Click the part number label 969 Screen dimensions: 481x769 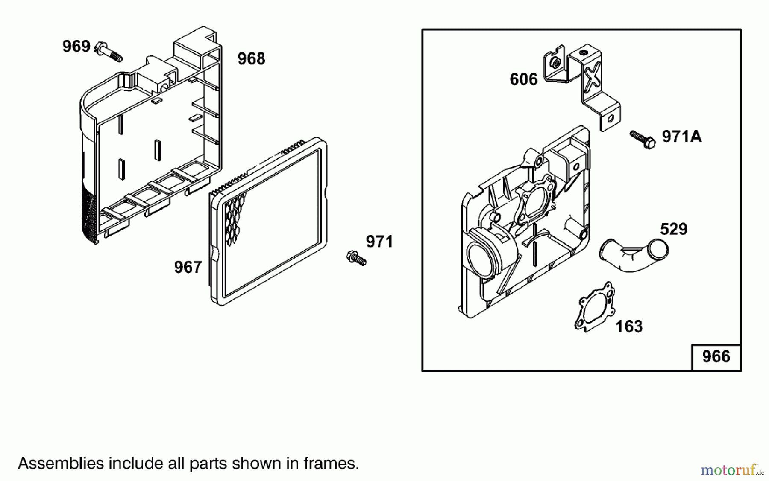(76, 46)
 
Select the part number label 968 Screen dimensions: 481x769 (251, 59)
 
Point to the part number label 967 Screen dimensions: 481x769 (188, 268)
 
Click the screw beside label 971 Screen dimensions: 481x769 (356, 258)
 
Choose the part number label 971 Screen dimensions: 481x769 (379, 242)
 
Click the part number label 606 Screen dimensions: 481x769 (523, 79)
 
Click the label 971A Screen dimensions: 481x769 (682, 137)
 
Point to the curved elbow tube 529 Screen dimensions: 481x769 (633, 256)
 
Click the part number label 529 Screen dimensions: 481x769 (674, 230)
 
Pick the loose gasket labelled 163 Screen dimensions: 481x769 (595, 307)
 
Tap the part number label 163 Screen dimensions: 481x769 (629, 327)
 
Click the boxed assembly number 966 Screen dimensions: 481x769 (716, 357)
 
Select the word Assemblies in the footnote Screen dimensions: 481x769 (61, 464)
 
